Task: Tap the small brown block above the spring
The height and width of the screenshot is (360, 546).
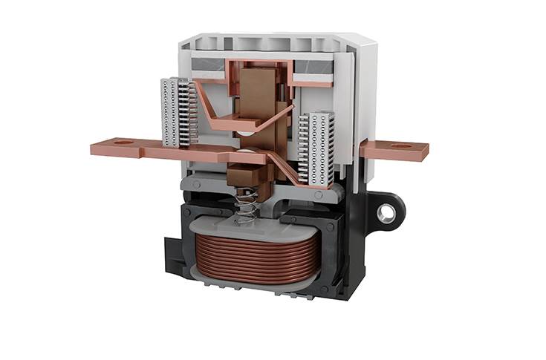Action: pyautogui.click(x=245, y=177)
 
